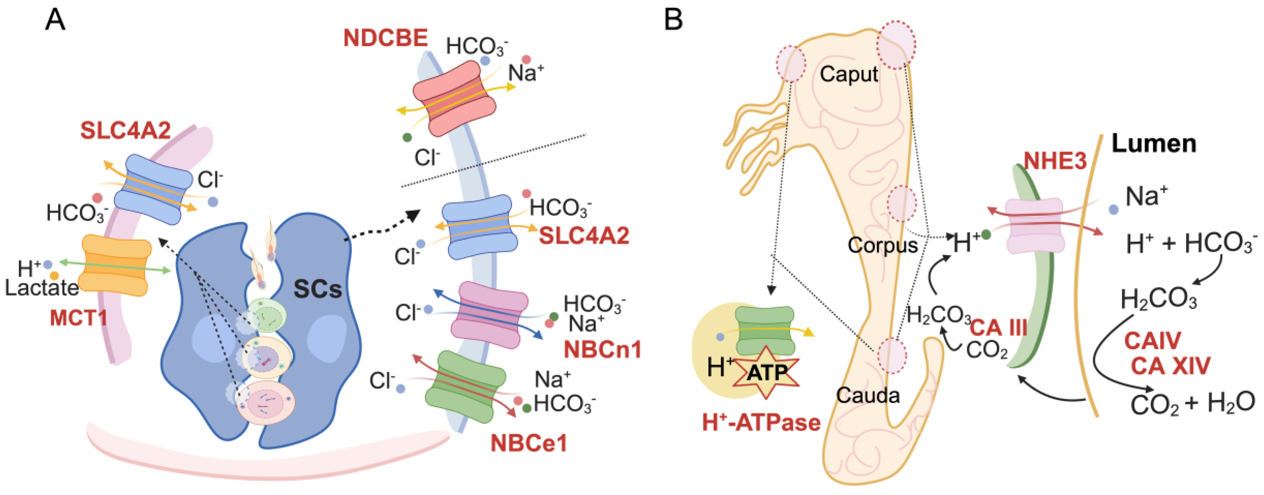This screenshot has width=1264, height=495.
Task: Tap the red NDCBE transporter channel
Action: pos(454,98)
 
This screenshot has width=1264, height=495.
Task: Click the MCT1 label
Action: pos(79,318)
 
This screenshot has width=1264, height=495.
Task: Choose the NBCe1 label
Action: pos(529,443)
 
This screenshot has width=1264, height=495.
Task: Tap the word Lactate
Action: pos(42,288)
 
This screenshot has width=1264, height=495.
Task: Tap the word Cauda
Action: pos(868,396)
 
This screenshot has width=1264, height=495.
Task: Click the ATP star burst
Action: pos(766,373)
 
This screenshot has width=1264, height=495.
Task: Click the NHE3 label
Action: pos(1055,161)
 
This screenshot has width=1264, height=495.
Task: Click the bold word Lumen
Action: pos(1153,144)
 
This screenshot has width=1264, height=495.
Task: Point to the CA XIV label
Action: pos(1170,366)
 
